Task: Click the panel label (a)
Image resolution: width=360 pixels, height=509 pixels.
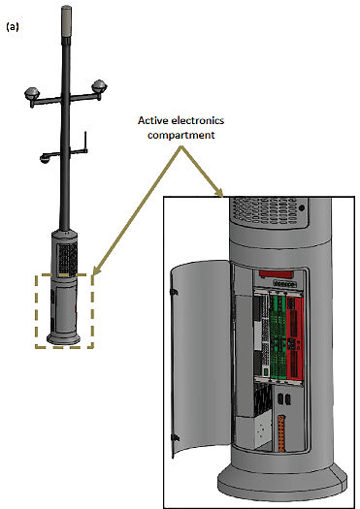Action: [x=13, y=27]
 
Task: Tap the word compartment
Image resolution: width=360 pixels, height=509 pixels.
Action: [x=181, y=135]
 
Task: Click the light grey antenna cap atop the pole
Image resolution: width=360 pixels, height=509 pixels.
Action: [x=66, y=20]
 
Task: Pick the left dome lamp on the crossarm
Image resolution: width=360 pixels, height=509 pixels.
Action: [x=32, y=93]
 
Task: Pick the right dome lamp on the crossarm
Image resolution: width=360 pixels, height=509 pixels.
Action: [x=99, y=86]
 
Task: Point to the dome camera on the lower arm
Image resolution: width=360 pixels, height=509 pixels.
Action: [x=45, y=158]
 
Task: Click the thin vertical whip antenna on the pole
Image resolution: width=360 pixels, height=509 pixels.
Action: [x=85, y=141]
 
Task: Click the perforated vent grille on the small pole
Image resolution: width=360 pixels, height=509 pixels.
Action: [x=68, y=258]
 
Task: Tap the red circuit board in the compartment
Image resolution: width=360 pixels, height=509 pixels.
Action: [x=295, y=337]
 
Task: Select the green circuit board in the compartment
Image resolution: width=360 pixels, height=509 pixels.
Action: [x=278, y=337]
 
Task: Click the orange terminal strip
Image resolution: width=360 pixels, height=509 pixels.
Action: [x=281, y=433]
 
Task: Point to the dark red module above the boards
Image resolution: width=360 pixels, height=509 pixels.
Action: [x=277, y=274]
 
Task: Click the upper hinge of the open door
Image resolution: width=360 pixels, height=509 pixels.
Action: [x=174, y=292]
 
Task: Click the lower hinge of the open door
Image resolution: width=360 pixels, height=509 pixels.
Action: [x=175, y=438]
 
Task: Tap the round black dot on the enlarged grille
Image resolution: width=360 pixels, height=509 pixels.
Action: [x=302, y=207]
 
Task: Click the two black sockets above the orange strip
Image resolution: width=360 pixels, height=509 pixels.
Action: [x=283, y=398]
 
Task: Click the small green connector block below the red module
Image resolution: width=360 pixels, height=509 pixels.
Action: [x=285, y=284]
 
